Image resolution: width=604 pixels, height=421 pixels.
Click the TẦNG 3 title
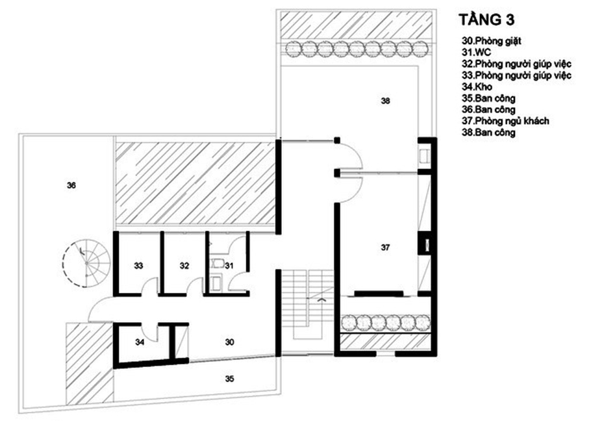tap(487, 18)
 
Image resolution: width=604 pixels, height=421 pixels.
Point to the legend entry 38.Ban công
tap(488, 133)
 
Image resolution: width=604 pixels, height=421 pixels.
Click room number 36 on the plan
tap(71, 185)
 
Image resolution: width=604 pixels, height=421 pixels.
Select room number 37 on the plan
tap(385, 248)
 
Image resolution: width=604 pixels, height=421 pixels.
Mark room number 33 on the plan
tap(138, 266)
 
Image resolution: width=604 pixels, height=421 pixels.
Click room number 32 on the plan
tap(184, 266)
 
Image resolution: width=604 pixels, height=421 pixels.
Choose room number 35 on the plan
tap(230, 378)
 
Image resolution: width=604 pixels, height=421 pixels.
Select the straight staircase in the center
tap(308, 303)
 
